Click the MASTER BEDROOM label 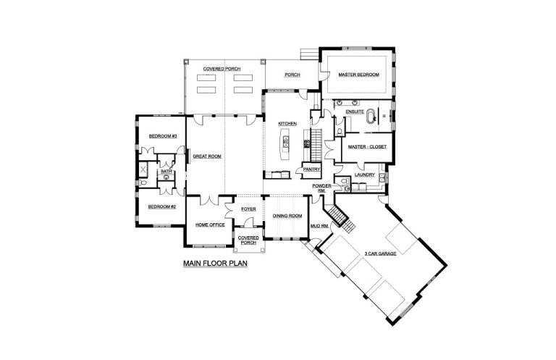click(358, 75)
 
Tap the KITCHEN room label click(287, 124)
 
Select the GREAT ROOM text click(207, 156)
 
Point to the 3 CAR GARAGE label click(381, 254)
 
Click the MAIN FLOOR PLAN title click(215, 264)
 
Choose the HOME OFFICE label click(210, 225)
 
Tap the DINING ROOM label click(287, 216)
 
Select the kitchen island click(285, 143)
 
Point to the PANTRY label click(312, 169)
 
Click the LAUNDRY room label click(365, 175)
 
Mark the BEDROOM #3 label click(163, 136)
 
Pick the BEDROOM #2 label click(161, 206)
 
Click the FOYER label click(248, 209)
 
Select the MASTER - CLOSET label click(367, 147)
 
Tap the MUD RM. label click(319, 226)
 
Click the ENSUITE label click(355, 112)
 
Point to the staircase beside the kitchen click(316, 146)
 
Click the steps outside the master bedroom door click(310, 54)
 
